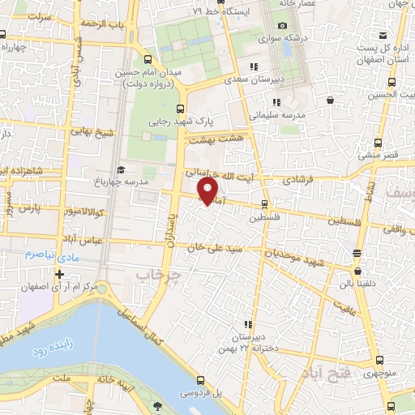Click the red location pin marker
click(208, 190)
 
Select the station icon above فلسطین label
click(266, 204)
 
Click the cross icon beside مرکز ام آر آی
click(59, 274)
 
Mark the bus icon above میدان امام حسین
click(147, 60)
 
